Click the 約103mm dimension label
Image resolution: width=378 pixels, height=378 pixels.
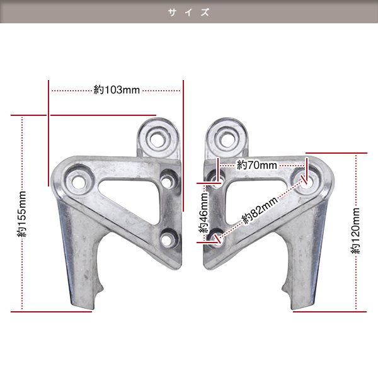coord(117,90)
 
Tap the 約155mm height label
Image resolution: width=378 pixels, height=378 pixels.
coord(21,214)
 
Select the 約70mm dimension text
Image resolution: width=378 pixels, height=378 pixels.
coord(257,165)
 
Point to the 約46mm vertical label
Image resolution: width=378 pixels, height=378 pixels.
coord(203,212)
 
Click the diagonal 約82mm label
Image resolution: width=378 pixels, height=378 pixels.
coord(260,210)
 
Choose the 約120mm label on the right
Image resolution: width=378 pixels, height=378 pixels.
coord(355,231)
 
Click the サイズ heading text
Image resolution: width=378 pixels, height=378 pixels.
coord(189,12)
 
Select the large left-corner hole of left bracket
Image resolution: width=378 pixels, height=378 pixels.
coord(78,181)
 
